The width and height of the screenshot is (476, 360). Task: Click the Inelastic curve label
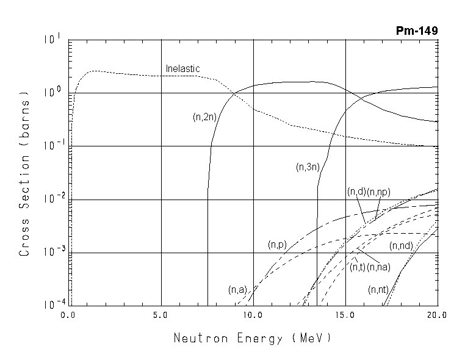click(x=182, y=69)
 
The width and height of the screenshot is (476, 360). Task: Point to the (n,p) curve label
click(x=277, y=245)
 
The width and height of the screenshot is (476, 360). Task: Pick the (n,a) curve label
click(x=237, y=289)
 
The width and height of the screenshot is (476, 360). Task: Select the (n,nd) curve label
click(x=402, y=246)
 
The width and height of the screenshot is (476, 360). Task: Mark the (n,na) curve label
click(x=379, y=266)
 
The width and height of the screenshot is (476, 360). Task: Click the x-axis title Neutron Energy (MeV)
click(x=253, y=337)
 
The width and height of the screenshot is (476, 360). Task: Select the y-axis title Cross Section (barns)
click(x=25, y=173)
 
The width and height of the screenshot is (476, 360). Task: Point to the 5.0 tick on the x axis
click(x=160, y=315)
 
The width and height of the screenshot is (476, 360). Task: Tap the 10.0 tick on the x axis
click(x=253, y=315)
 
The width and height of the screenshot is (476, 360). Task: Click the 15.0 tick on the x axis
click(x=345, y=315)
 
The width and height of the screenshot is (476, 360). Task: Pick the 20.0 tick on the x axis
click(x=437, y=315)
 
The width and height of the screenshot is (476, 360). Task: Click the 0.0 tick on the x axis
click(x=69, y=315)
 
